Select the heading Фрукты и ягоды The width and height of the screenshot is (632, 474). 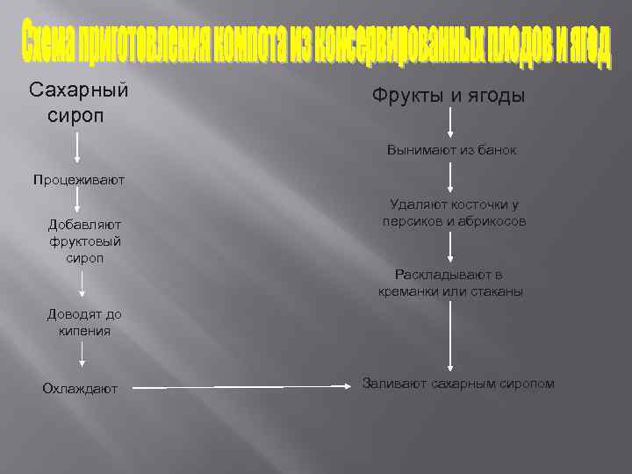click(x=449, y=94)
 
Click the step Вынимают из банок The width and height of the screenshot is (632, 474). click(x=451, y=150)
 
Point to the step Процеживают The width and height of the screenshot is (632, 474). click(x=79, y=180)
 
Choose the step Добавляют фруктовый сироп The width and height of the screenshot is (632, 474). click(x=85, y=241)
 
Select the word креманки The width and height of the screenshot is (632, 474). click(x=411, y=291)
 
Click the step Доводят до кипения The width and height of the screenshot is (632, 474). click(x=84, y=322)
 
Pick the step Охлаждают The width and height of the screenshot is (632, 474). click(x=80, y=389)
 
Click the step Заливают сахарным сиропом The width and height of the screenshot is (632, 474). click(x=458, y=384)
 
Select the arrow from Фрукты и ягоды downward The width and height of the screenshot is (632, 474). click(x=451, y=124)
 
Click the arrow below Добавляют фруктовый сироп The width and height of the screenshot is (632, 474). click(x=83, y=284)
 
